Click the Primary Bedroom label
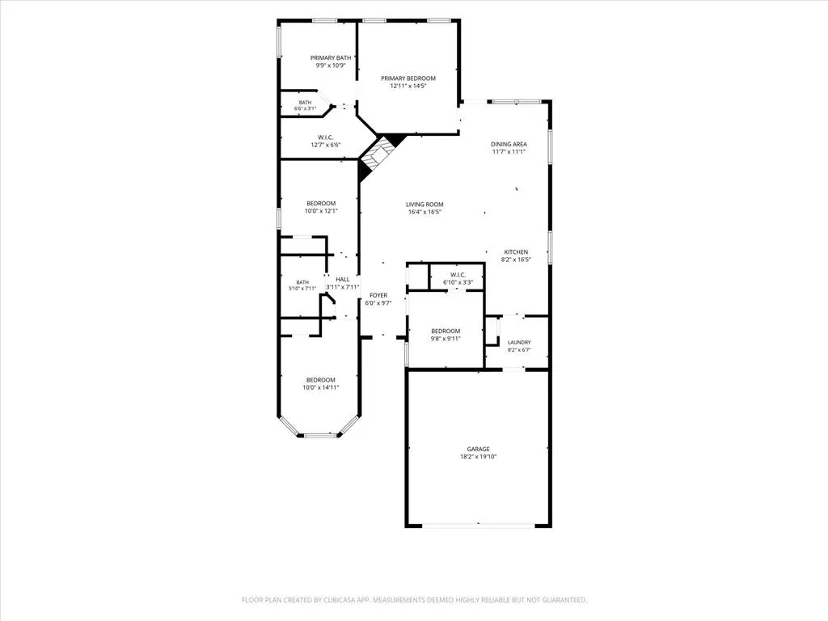[408, 78]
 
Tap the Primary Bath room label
[331, 58]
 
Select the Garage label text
[478, 450]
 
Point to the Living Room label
[425, 205]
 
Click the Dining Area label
[509, 144]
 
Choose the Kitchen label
[516, 252]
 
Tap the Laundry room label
[519, 343]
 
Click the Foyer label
[378, 296]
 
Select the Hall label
[343, 279]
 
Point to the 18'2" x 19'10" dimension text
[478, 457]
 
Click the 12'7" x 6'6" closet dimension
[326, 145]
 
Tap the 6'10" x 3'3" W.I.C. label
[458, 282]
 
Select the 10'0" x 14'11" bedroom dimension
[320, 387]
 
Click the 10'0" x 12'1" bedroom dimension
[321, 211]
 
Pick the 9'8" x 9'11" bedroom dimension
[446, 339]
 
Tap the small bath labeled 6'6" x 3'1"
[305, 106]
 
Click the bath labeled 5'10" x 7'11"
[302, 285]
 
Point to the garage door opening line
[479, 525]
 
